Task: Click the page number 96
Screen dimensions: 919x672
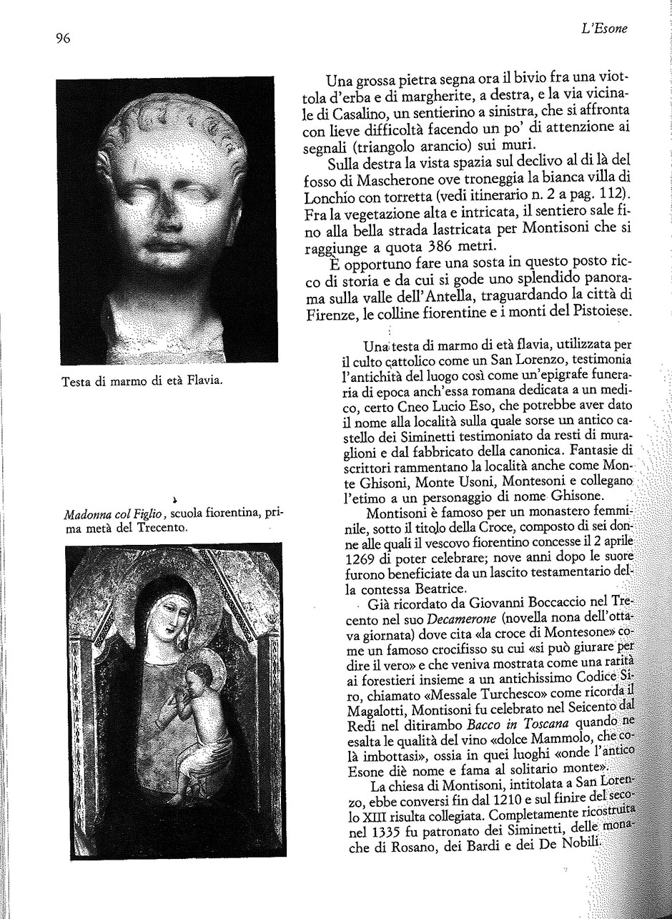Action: pyautogui.click(x=63, y=39)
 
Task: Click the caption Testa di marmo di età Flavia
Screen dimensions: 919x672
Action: pyautogui.click(x=143, y=380)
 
